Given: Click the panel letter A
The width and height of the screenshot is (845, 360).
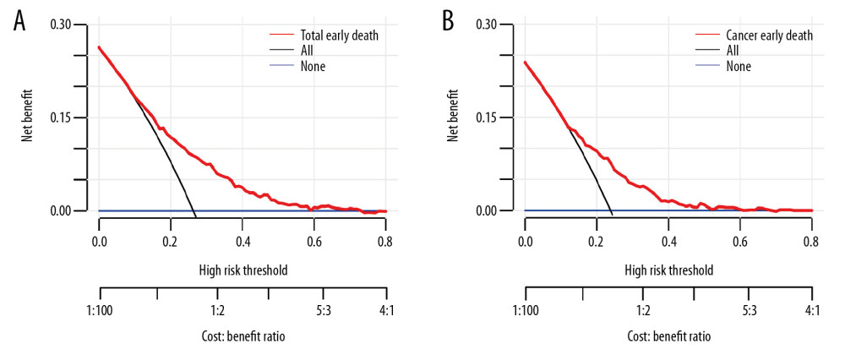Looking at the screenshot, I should pos(19,21).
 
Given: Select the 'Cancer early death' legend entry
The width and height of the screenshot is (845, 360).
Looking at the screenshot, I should pos(768,35).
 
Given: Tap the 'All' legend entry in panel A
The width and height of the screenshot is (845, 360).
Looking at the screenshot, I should pos(308,51).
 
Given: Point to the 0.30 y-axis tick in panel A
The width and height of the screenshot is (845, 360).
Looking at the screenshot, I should pos(62,24).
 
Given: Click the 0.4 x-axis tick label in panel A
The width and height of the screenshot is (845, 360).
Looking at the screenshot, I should pos(243,241).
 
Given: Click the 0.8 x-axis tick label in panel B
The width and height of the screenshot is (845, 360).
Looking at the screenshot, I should pos(812,241).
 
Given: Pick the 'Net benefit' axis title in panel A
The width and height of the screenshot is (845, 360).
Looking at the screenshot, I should pos(28,117).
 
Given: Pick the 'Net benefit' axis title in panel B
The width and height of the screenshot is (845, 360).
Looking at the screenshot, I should pos(454,117).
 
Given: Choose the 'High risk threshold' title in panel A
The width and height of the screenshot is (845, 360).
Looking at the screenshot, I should pos(243,270).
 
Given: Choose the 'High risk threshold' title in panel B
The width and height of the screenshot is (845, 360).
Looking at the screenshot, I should pos(668,270).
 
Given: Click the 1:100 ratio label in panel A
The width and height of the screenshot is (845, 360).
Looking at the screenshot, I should pos(99,310).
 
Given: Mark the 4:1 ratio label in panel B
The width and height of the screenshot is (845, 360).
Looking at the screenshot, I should pos(812,310).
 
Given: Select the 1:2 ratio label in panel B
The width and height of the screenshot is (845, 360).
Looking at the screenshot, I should pos(642,310).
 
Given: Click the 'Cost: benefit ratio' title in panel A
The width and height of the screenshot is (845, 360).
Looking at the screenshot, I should pos(243,336).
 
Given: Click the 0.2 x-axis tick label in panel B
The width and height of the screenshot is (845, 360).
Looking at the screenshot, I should pos(597,241).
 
